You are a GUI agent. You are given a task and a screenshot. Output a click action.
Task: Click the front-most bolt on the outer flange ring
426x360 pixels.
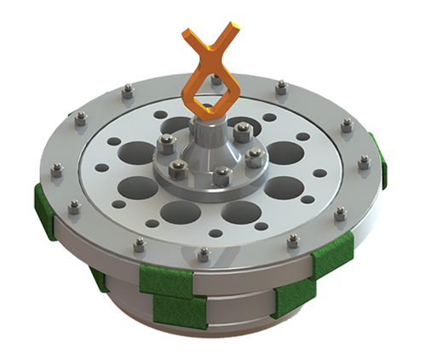point(204,254)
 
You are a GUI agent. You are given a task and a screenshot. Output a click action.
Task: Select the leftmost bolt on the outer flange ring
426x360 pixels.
point(56,170)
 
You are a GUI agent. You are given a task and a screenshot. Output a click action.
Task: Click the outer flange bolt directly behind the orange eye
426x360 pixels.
point(216,80)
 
